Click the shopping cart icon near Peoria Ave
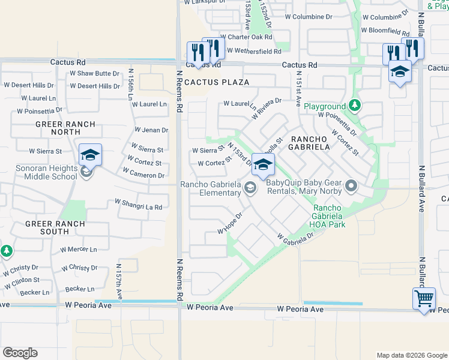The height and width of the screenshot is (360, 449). coord(424,298)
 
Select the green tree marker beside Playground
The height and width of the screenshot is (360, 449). coord(355,106)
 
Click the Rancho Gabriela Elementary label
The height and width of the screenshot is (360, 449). coord(211,189)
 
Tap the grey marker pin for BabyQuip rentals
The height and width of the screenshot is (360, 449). coord(351,187)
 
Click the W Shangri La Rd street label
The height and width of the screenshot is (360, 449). coord(138,207)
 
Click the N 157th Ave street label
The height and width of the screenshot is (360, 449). coord(119,281)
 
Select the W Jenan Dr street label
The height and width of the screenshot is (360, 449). coord(151,130)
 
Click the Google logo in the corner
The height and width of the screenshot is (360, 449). coord(20,353)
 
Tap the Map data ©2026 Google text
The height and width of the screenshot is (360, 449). coord(411,355)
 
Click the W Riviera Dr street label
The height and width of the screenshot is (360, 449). coord(267,109)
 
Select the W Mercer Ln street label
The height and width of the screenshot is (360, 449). coord(79,250)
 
